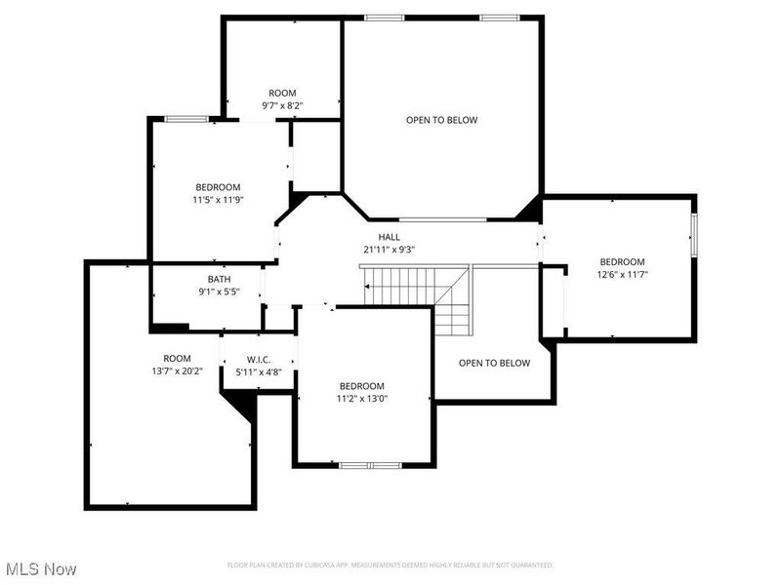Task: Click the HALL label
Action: pos(389,237)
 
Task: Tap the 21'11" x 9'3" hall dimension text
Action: pos(389,250)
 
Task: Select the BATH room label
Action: pos(218,279)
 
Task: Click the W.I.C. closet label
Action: pos(258,359)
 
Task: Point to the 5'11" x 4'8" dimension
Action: pos(258,371)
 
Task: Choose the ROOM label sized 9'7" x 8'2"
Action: pos(282,93)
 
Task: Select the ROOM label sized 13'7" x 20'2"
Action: pos(177,358)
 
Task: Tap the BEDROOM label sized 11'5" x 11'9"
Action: pos(218,187)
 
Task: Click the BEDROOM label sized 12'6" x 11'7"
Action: pos(622,261)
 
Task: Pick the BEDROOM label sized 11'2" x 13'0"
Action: pos(361,386)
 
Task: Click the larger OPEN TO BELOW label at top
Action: pos(441,120)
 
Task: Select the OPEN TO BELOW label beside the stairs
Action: pos(494,363)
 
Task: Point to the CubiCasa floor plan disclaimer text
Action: pos(390,565)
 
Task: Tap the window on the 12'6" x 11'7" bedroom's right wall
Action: pos(694,235)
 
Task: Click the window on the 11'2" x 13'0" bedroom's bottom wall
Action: pos(369,465)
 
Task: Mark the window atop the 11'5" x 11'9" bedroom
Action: pos(185,119)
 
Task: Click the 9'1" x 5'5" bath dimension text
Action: pos(218,292)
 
